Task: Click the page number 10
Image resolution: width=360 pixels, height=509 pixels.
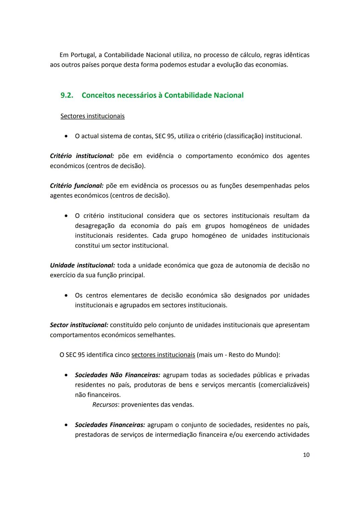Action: [306, 455]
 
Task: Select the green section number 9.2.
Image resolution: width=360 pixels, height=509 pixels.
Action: [67, 95]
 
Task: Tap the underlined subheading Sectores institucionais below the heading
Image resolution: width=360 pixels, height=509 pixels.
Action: [92, 116]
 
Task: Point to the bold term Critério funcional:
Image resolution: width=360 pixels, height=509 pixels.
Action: [77, 186]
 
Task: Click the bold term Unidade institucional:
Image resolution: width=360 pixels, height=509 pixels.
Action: [82, 265]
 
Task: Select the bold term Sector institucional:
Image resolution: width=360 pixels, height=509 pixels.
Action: [79, 325]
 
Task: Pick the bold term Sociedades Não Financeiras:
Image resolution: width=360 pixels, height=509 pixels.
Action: [117, 375]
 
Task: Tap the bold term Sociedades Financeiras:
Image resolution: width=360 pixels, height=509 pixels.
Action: [110, 425]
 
